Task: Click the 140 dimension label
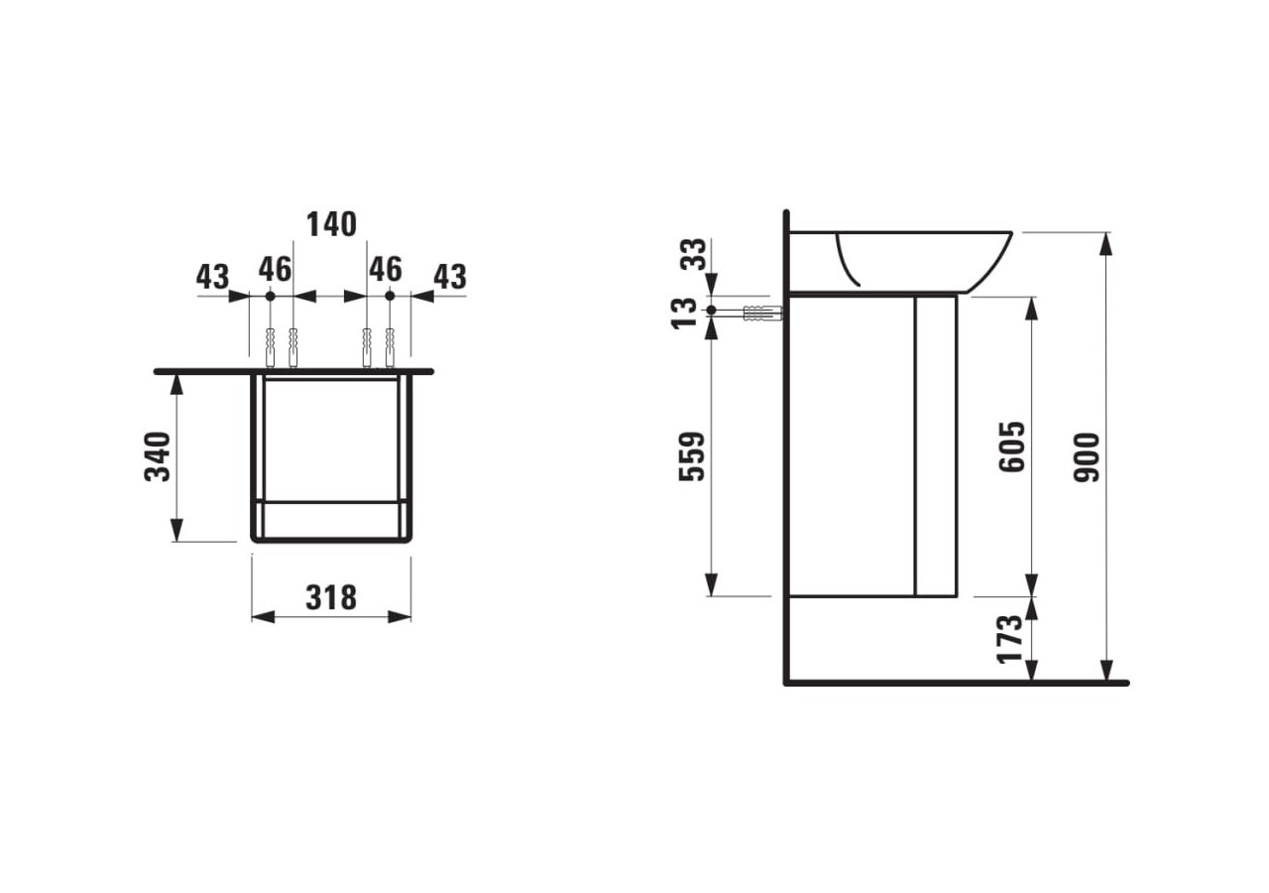pos(331,225)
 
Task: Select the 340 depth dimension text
pos(159,456)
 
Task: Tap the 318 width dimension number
pos(331,597)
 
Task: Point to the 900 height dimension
pos(1088,456)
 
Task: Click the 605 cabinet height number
pos(1012,446)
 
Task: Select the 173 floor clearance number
pos(1009,639)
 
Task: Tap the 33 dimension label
pos(693,254)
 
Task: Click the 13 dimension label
pos(685,312)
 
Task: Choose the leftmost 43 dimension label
pos(212,277)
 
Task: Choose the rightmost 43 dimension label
pos(449,277)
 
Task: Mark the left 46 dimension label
pos(275,269)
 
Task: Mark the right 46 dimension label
pos(386,269)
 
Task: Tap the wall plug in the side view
pos(761,313)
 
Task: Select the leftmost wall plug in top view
pos(270,347)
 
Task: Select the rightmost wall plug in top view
pos(390,347)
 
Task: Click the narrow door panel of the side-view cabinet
pos(936,446)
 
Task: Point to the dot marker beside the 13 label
pos(712,311)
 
